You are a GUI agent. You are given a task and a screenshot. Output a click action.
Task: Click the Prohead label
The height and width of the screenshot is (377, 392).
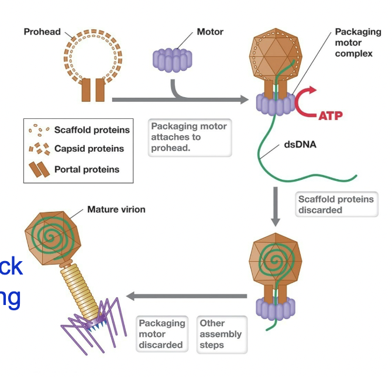pyautogui.click(x=42, y=32)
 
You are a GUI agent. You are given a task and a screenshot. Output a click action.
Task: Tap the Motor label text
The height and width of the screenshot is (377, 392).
pyautogui.click(x=210, y=32)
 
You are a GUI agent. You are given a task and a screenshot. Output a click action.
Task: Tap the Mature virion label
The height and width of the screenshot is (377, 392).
pyautogui.click(x=116, y=209)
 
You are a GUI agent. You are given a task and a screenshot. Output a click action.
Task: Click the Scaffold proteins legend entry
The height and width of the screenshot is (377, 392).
pyautogui.click(x=92, y=130)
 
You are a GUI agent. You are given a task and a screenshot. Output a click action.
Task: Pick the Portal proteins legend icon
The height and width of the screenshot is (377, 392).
pyautogui.click(x=39, y=170)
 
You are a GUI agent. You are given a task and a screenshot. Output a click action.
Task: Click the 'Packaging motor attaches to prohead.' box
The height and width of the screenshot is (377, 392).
pyautogui.click(x=188, y=138)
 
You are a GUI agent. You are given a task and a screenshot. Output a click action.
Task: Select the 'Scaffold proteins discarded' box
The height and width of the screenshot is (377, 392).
pyautogui.click(x=335, y=204)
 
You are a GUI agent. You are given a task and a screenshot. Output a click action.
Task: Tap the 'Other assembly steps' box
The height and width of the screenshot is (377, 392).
pyautogui.click(x=220, y=334)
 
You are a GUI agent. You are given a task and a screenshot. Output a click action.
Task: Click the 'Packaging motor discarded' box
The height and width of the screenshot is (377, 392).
pyautogui.click(x=161, y=334)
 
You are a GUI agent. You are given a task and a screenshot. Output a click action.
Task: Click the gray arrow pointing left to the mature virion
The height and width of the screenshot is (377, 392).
pyautogui.click(x=187, y=297)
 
